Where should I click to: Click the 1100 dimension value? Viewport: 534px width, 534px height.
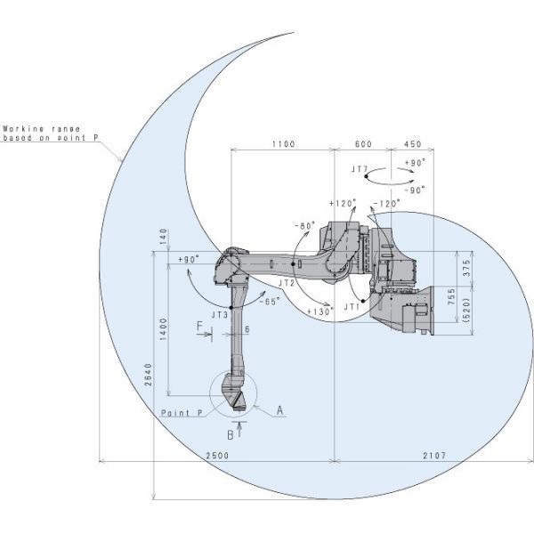coord(283,144)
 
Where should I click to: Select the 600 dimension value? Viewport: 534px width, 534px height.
coord(363,144)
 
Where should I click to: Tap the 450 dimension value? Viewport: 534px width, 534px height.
coord(413,144)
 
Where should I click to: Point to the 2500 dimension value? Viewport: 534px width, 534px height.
coord(217,456)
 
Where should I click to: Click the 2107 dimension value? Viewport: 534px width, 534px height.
coord(434,456)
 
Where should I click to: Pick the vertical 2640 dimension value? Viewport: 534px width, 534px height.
coord(149,375)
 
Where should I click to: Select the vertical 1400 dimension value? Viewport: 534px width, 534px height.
coord(164,329)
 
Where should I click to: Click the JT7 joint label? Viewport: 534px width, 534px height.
coord(360,169)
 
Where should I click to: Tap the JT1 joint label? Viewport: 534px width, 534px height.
coord(352,307)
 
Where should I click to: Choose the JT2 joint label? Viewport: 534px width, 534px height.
coord(287,283)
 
